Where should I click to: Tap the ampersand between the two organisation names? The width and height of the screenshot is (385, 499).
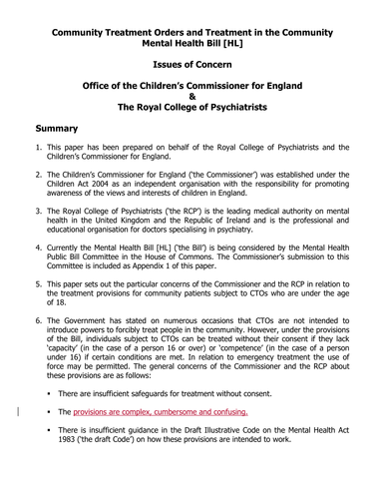[192, 97]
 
